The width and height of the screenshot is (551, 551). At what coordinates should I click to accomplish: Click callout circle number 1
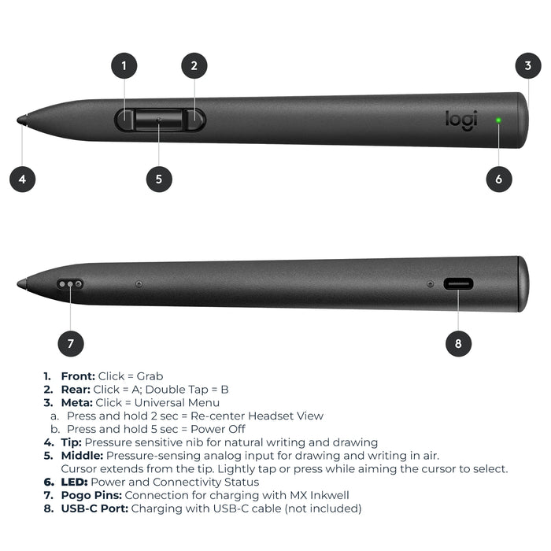124,65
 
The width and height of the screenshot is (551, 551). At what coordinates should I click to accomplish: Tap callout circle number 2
194,65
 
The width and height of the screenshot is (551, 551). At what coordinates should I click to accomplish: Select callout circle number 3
528,65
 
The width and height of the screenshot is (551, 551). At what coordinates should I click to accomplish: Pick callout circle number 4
23,179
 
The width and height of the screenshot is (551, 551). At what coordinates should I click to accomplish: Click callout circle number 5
159,179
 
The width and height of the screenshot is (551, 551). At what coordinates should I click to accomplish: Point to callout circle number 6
499,179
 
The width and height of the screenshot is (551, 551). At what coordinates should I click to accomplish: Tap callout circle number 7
71,343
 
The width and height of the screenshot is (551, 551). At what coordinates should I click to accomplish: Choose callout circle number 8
458,343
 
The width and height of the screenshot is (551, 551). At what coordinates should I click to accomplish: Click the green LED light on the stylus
498,120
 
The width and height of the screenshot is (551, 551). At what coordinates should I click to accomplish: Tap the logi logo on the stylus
461,120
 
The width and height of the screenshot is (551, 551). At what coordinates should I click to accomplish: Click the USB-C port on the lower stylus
458,284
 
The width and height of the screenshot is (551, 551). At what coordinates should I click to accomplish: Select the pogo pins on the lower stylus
70,284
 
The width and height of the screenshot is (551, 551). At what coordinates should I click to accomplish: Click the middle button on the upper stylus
159,120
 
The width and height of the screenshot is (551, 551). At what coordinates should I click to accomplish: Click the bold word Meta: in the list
76,403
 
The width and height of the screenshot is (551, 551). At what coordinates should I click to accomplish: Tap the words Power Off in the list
218,429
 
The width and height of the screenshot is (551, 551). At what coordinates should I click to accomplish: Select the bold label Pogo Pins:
91,495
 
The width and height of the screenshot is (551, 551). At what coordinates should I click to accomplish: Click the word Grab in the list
150,376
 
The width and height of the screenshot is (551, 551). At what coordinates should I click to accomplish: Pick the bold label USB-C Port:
94,508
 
